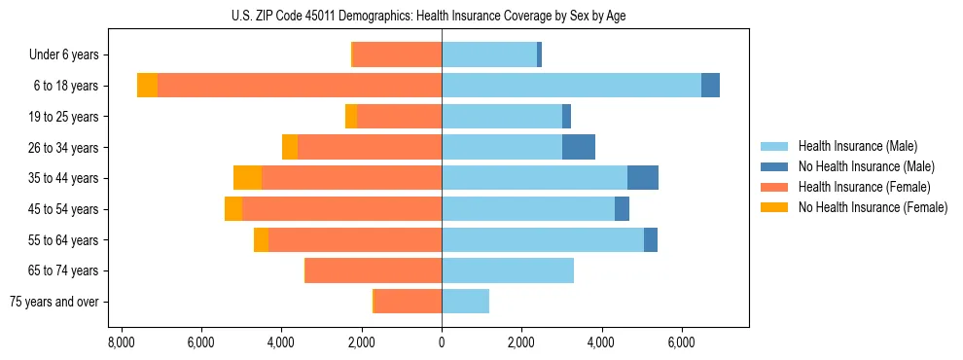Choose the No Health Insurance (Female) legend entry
pyautogui.click(x=873, y=207)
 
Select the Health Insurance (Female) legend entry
pyautogui.click(x=865, y=187)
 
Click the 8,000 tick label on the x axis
pyautogui.click(x=121, y=342)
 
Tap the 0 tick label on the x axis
pyautogui.click(x=442, y=342)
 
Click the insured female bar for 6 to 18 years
pyautogui.click(x=300, y=86)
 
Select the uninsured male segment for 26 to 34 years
pyautogui.click(x=579, y=147)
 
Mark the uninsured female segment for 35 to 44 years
pyautogui.click(x=247, y=178)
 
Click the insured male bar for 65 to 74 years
pyautogui.click(x=508, y=270)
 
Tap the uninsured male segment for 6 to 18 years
pyautogui.click(x=710, y=86)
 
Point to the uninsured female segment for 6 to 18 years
pyautogui.click(x=147, y=86)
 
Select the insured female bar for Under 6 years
pyautogui.click(x=397, y=55)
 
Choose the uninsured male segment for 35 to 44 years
pyautogui.click(x=643, y=178)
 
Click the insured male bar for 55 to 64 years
pyautogui.click(x=543, y=239)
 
